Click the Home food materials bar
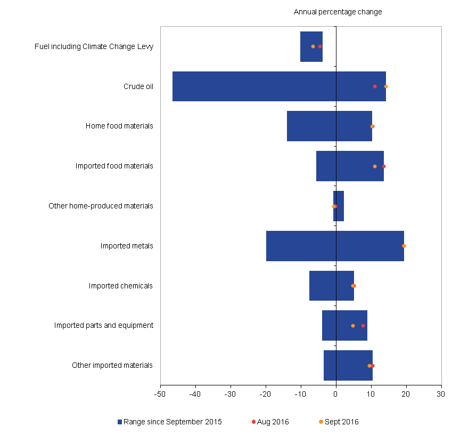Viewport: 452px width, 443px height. point(314,126)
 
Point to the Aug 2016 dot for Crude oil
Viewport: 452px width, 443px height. point(375,86)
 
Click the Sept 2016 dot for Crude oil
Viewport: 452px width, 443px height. point(386,86)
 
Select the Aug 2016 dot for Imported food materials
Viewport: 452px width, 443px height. point(384,166)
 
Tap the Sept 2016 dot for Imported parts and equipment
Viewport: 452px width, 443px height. point(353,326)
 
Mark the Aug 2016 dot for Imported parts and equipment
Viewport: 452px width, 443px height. point(363,326)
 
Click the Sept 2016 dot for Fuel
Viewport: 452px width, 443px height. point(313,46)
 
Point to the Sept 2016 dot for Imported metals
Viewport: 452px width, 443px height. point(404,246)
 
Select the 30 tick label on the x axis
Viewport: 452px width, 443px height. point(440,394)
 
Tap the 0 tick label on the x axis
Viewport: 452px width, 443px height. point(336,394)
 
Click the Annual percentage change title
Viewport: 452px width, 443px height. point(338,12)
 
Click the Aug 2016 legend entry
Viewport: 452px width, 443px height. point(273,422)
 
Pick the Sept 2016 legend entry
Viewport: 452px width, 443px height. point(342,422)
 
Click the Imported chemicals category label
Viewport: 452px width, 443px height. point(121,286)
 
